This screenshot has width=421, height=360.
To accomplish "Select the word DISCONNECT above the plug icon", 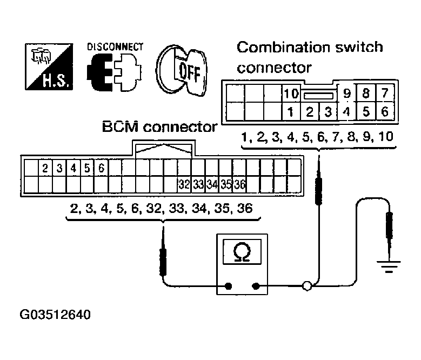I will pos(115,47).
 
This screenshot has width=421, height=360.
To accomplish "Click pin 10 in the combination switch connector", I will pos(291,94).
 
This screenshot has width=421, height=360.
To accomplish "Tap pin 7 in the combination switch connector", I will pos(384,94).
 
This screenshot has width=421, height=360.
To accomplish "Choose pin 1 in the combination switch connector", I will pos(291,112).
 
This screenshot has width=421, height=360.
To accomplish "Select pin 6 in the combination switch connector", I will pos(384,112).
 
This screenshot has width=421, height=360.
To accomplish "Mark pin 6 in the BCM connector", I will pos(101,168).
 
